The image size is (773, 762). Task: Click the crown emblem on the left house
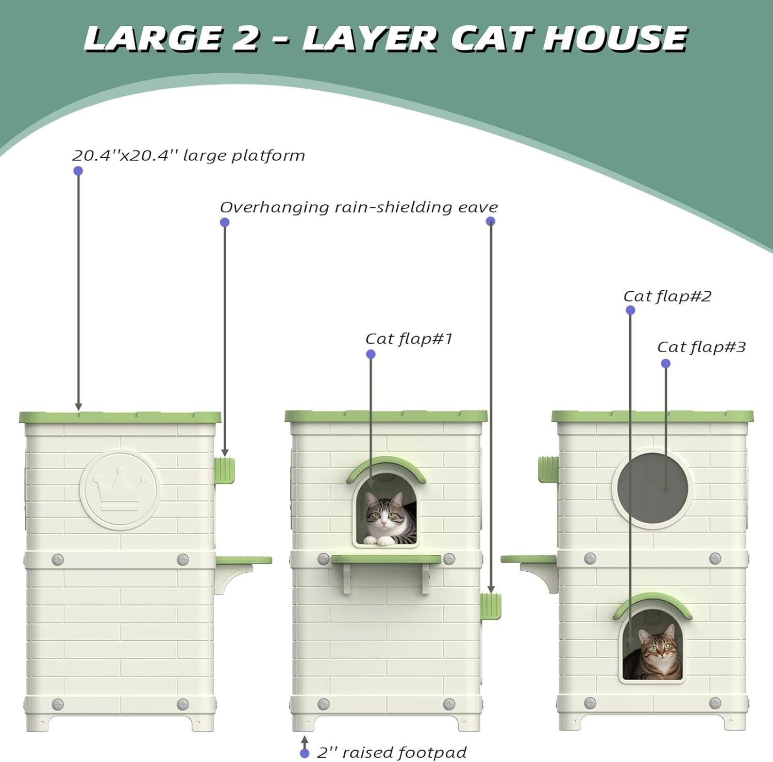[119, 490]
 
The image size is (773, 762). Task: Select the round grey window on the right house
[652, 488]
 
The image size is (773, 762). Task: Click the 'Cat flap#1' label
[409, 339]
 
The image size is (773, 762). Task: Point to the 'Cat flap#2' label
[667, 296]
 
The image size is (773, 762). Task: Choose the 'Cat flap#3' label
[701, 347]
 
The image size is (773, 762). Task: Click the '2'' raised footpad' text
[392, 752]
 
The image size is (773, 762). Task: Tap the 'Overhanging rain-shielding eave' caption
[359, 207]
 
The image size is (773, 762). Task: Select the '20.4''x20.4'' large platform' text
[189, 155]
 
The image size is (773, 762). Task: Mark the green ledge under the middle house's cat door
[386, 559]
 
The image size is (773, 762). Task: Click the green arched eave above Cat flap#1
[386, 464]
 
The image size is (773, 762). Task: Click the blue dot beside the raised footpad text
[305, 753]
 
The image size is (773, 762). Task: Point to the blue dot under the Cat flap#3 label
[665, 364]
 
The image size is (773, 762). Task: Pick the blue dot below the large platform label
[78, 171]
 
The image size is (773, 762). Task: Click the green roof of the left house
[120, 417]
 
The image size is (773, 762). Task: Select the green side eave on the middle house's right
[491, 606]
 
